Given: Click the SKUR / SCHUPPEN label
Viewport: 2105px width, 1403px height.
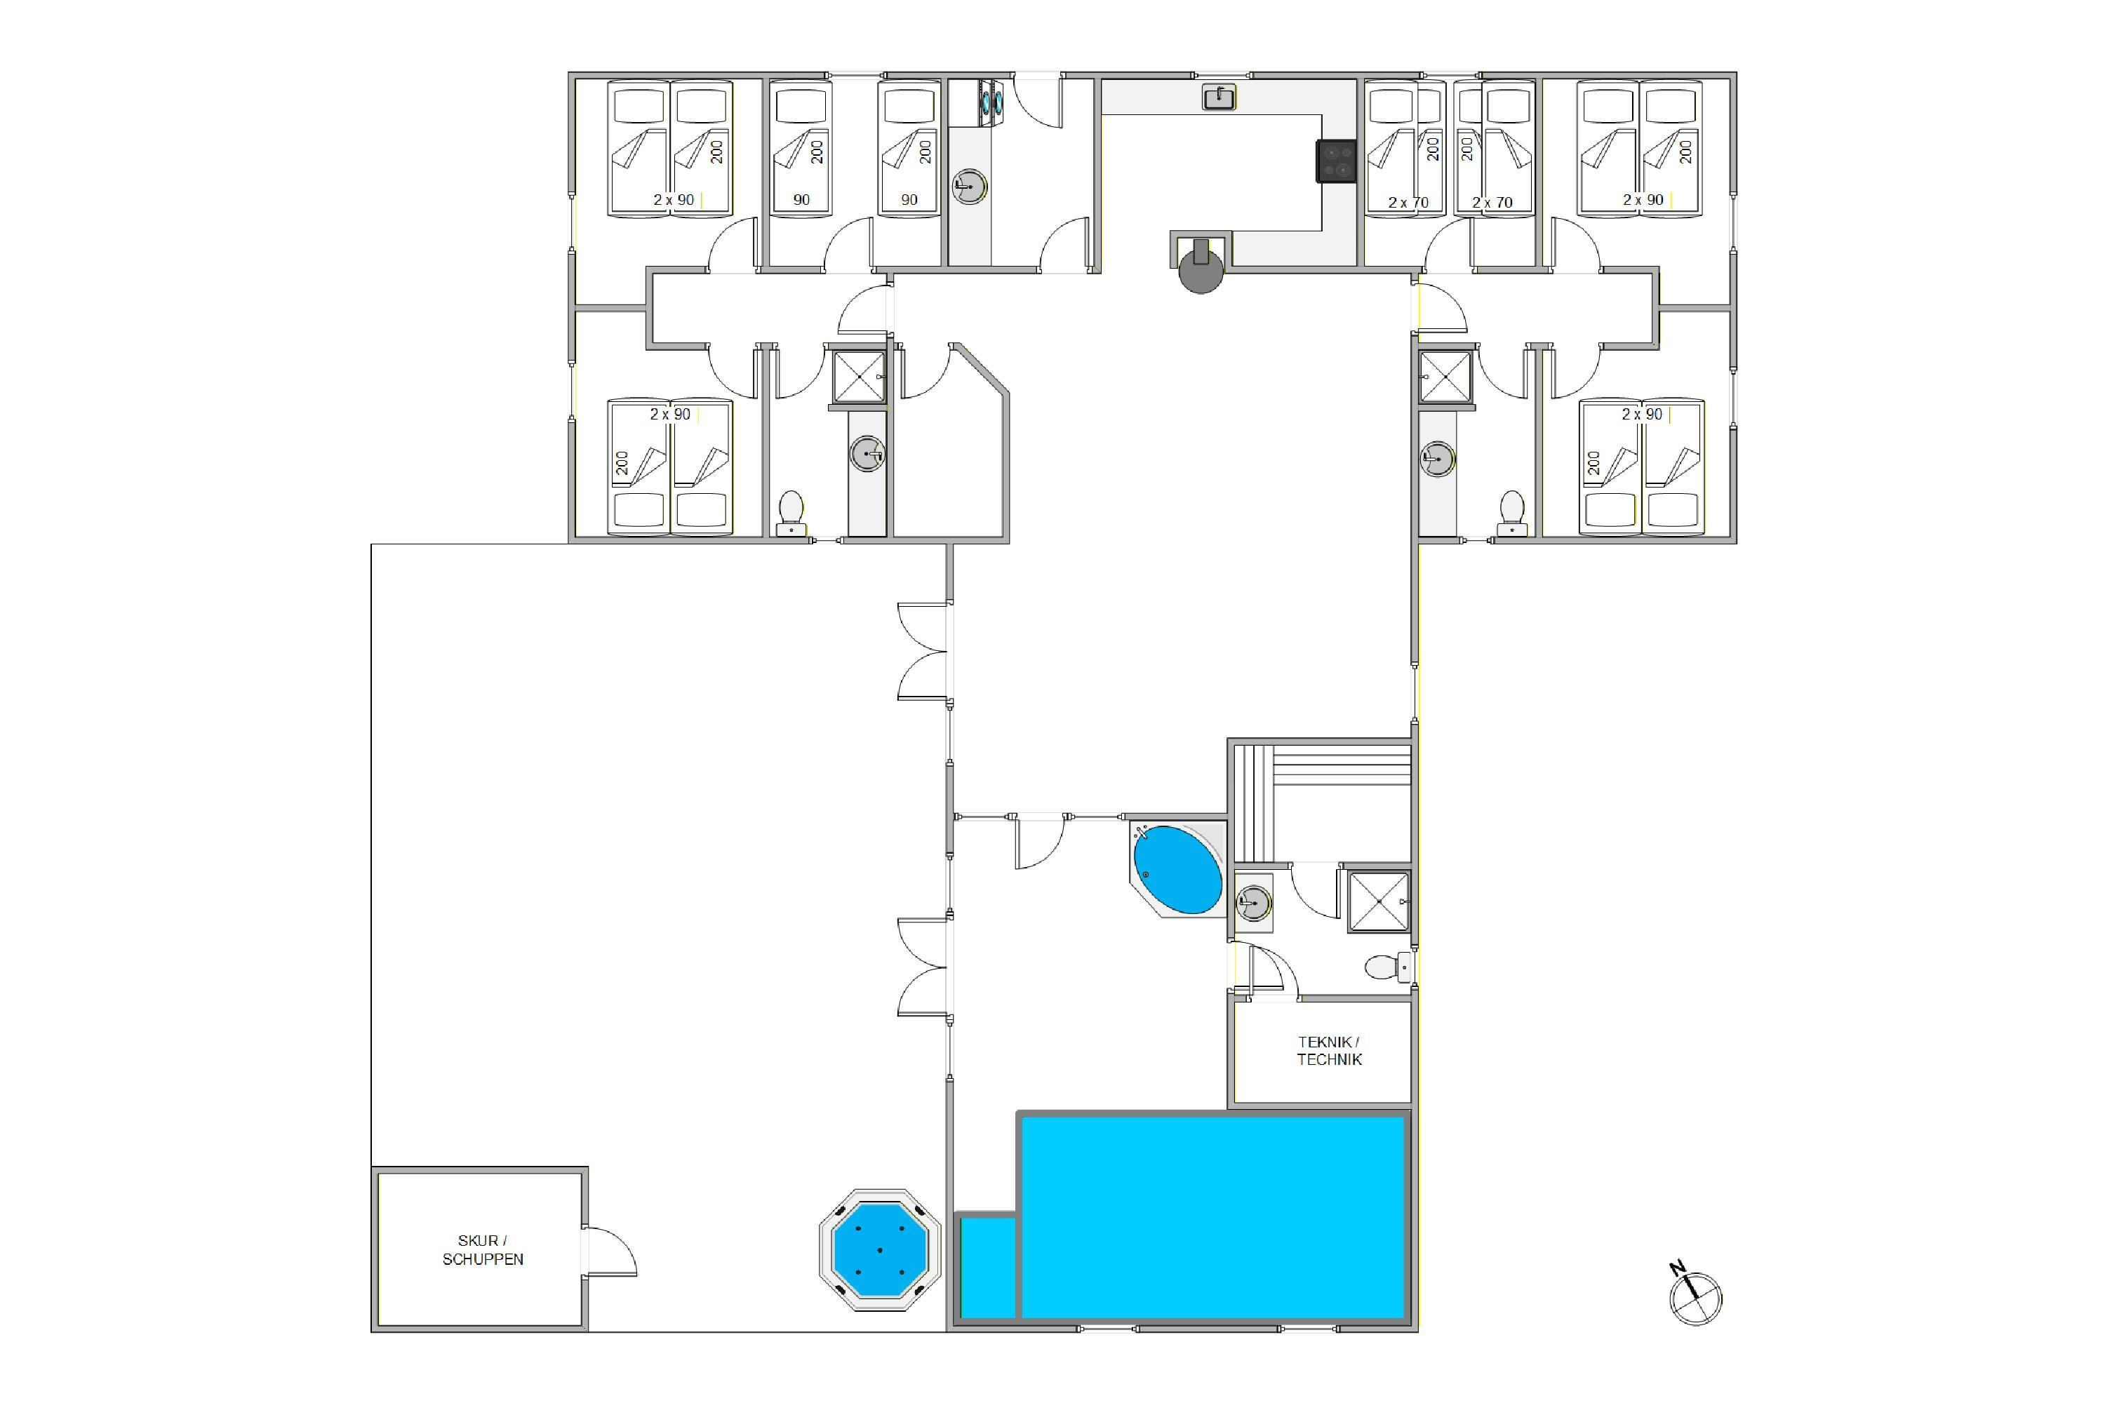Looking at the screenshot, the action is pos(483,1250).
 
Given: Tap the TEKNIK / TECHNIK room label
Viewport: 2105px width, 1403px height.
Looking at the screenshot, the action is pos(1329,1050).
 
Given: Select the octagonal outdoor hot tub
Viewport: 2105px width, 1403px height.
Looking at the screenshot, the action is pos(880,1250).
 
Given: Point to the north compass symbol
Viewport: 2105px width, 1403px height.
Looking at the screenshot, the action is pos(1695,1296).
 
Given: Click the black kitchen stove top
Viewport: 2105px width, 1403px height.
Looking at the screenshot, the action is pos(1337,162).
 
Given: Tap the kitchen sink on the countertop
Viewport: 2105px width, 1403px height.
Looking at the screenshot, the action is pos(1219,97).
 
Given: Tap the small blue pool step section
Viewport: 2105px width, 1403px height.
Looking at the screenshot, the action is pos(988,1268).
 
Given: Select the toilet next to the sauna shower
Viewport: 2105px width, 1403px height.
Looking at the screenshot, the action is pos(1388,967).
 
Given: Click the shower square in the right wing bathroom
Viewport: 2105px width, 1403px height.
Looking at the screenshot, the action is pos(1445,377).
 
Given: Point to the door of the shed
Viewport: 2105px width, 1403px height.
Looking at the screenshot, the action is pos(610,1251).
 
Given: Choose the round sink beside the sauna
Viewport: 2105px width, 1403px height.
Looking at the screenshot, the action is pos(1253,903).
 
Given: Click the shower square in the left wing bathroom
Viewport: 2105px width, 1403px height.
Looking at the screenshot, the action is pos(859,377).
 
